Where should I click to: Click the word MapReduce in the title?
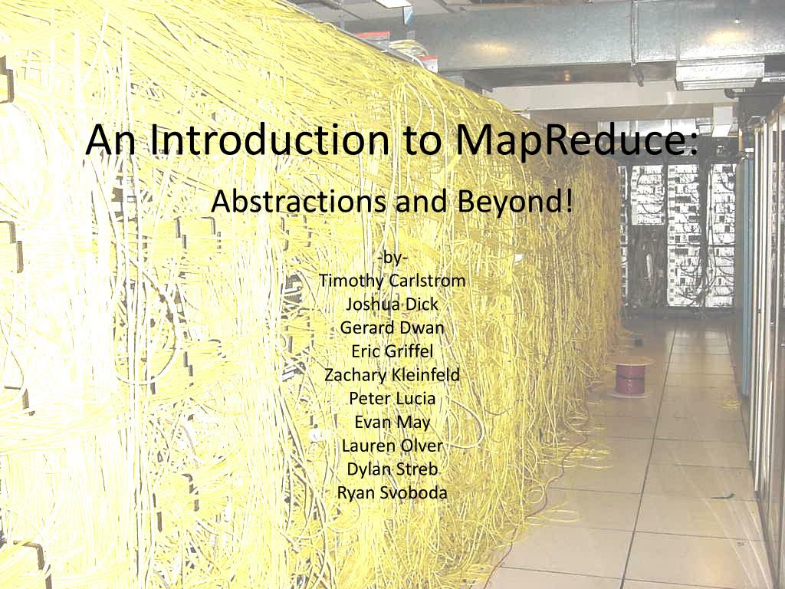pos(576,141)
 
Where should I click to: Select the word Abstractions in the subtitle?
pos(299,202)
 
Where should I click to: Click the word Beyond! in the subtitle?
pos(514,202)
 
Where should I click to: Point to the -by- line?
pos(392,258)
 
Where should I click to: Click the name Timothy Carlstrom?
pos(392,281)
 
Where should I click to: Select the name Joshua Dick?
pos(392,304)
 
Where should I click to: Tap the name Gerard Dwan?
pos(392,327)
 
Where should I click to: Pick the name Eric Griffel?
pos(392,351)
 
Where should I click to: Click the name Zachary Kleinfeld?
pos(392,375)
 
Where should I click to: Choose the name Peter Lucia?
pos(392,398)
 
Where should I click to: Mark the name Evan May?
pos(392,423)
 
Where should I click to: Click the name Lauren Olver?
pos(392,446)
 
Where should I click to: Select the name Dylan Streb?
pos(392,469)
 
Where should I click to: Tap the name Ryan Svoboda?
pos(392,493)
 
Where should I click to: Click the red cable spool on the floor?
pos(632,379)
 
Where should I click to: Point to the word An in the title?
pos(110,140)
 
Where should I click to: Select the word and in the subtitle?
pos(422,202)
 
